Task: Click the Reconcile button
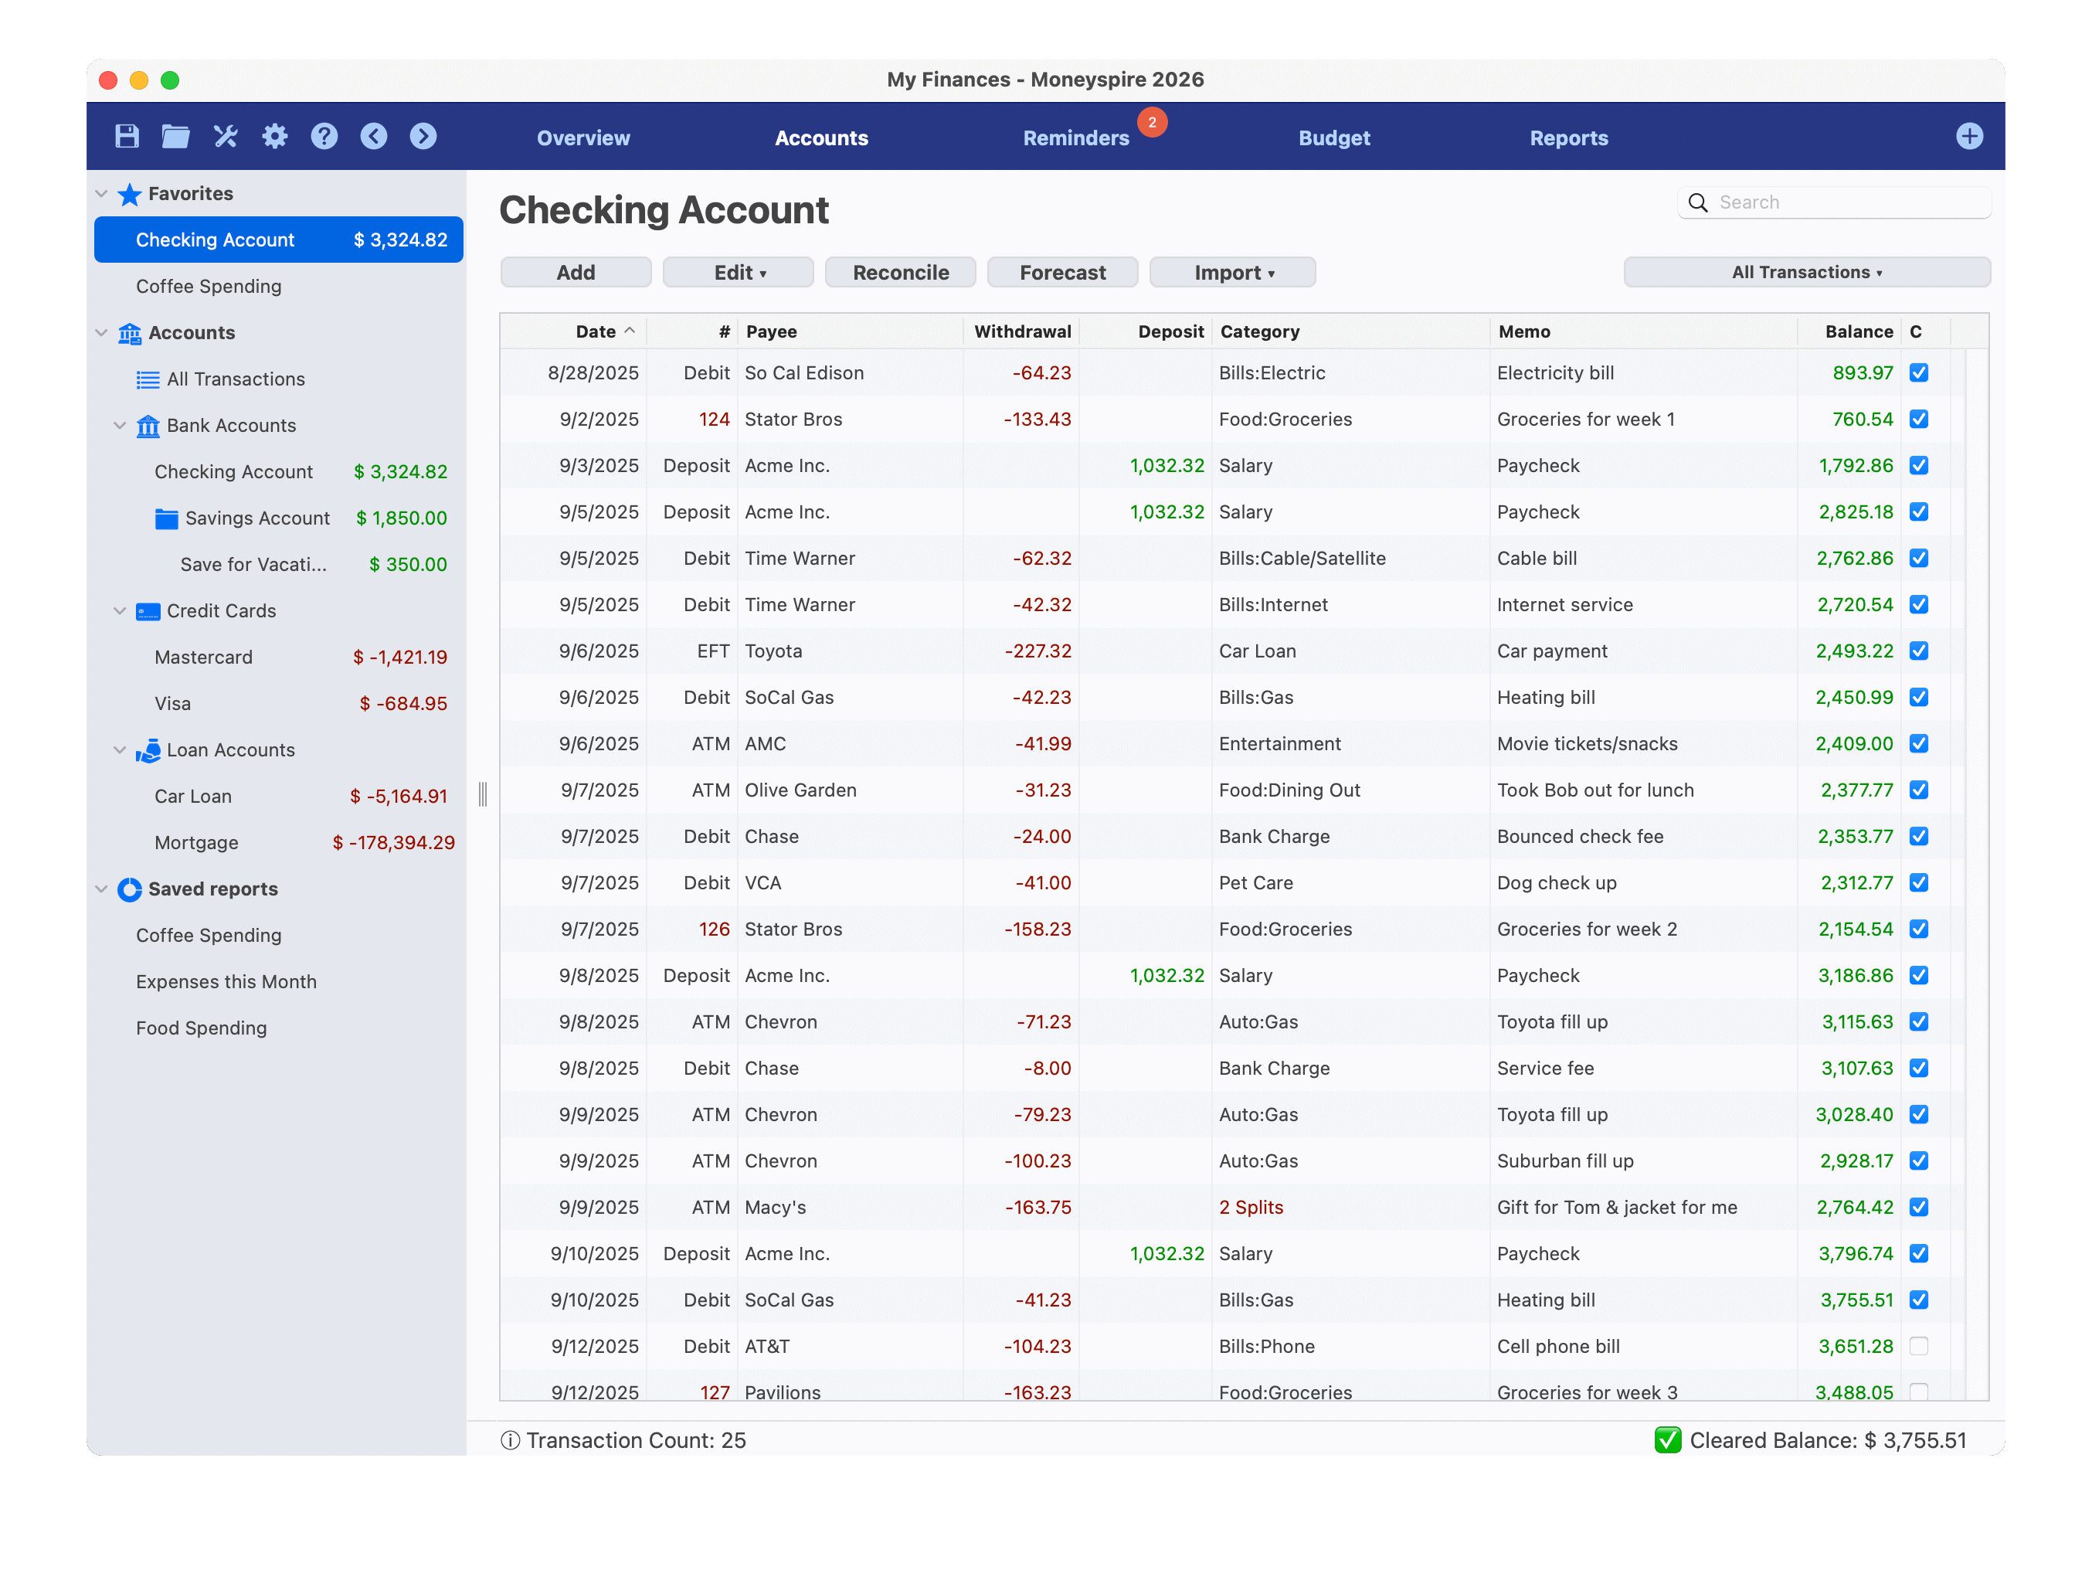click(x=899, y=273)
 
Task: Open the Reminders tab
click(x=1075, y=138)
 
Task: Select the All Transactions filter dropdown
click(x=1805, y=273)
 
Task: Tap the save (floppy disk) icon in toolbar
click(x=127, y=136)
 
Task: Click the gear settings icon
click(x=274, y=136)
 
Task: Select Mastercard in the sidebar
click(x=203, y=658)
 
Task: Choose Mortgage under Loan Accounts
click(x=197, y=843)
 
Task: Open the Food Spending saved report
click(x=202, y=1028)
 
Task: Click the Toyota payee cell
click(x=773, y=651)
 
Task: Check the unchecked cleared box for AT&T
click(x=1918, y=1346)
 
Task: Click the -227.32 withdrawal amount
click(x=1038, y=651)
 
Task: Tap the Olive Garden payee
click(x=800, y=790)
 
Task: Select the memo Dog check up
click(x=1556, y=882)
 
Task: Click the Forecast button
click(x=1061, y=273)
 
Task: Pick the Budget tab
click(x=1333, y=138)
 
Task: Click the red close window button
click(x=108, y=80)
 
